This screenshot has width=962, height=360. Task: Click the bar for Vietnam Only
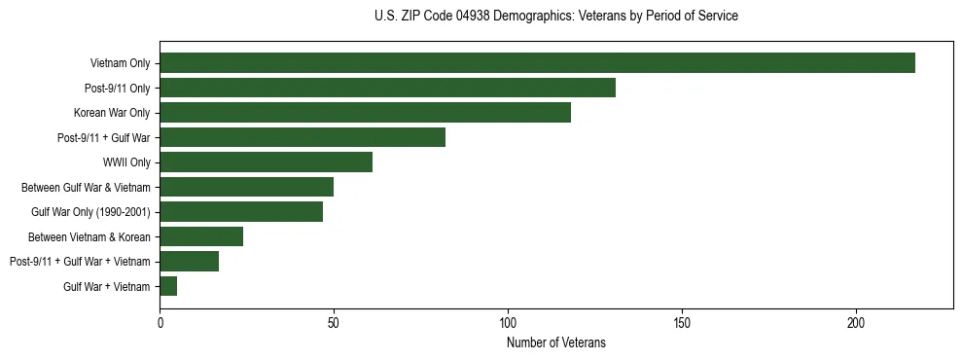tap(537, 63)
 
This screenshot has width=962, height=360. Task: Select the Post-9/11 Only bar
tap(387, 88)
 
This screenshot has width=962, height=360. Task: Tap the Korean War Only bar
tap(365, 113)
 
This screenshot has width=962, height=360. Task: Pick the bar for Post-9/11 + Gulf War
tap(303, 137)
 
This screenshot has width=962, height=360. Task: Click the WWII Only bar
tap(266, 162)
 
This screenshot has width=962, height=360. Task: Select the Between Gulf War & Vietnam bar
tap(246, 187)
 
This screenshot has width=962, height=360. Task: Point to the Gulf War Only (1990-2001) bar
tap(241, 211)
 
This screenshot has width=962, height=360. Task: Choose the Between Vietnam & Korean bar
tap(201, 236)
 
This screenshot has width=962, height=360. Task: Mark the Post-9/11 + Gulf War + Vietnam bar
tap(189, 261)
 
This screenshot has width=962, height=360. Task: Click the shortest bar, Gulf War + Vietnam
tap(168, 286)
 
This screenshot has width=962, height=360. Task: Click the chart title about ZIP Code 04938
tap(555, 17)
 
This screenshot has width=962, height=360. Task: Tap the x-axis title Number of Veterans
tap(555, 342)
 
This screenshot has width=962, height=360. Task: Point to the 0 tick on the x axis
tap(160, 322)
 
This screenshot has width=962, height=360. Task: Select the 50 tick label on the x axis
tap(334, 322)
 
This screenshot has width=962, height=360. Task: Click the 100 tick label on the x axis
tap(508, 322)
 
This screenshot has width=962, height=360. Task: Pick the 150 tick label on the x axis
tap(682, 322)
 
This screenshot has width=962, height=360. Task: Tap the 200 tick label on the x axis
tap(856, 322)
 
